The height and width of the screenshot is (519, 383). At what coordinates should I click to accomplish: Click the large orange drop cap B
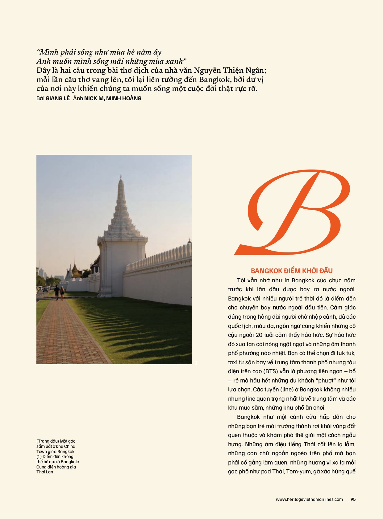tap(293, 213)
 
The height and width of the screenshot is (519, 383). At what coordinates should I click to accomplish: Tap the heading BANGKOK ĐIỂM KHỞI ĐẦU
tap(292, 271)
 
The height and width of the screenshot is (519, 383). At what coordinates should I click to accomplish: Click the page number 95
tap(353, 500)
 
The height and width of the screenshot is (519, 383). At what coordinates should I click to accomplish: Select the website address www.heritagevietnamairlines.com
tap(309, 500)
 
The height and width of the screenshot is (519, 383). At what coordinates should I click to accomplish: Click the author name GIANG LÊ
tap(58, 99)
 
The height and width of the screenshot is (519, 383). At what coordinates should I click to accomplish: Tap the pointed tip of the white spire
tap(121, 176)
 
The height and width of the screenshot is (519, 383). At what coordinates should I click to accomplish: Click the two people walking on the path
tap(59, 292)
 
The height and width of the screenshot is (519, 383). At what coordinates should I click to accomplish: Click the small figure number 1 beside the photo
tap(196, 363)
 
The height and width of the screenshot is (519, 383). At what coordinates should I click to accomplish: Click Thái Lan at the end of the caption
tap(45, 472)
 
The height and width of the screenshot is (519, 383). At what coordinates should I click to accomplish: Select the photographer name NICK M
tap(94, 99)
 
